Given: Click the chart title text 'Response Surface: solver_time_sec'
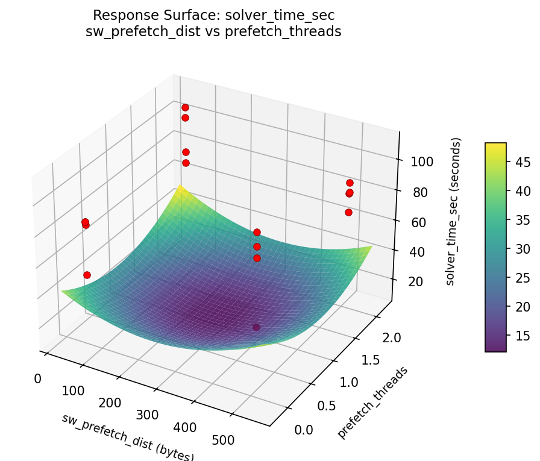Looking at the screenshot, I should pos(213,14).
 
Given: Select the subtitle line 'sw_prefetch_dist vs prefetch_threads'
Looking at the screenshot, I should pos(213,31).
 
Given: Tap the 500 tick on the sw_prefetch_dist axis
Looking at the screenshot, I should pos(224,440).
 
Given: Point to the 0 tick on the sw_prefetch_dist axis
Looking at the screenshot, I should pos(37,378).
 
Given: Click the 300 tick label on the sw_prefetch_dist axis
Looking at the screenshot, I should pos(147,415).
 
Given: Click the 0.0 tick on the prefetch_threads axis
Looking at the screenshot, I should pos(304,429).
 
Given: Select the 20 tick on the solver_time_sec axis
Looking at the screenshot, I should pos(410,282).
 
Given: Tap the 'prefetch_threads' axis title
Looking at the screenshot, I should pos(372,402).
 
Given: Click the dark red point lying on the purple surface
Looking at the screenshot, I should pos(256,327).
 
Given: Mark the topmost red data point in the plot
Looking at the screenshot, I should pos(185,107).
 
